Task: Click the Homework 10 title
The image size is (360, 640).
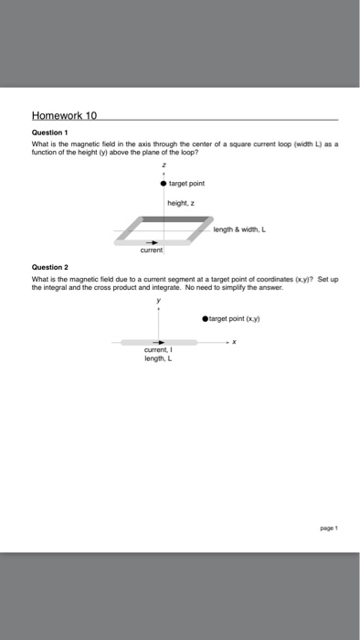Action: coord(65,116)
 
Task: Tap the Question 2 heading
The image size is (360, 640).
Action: coord(48,269)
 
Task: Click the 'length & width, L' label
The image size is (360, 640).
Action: coord(240,229)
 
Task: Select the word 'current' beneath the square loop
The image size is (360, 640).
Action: coord(152,250)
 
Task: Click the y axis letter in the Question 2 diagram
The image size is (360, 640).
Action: coord(159,299)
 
